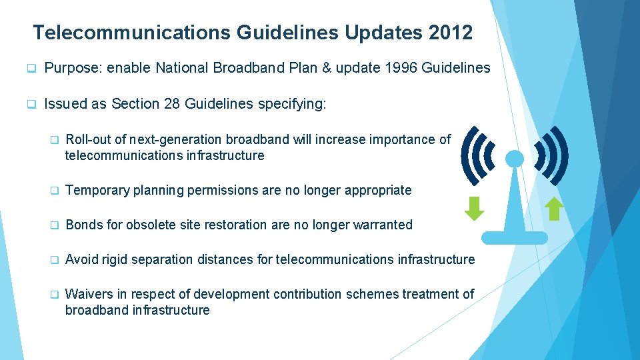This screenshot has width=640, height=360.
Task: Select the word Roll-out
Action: (87, 139)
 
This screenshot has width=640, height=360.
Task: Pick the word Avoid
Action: (81, 259)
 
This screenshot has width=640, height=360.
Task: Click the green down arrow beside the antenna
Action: (474, 209)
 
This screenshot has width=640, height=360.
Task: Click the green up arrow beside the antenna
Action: (555, 209)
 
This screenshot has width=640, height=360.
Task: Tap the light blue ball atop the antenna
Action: (515, 159)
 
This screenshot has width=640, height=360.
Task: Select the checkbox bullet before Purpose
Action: (31, 69)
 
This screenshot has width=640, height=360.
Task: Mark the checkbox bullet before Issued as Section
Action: (31, 105)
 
